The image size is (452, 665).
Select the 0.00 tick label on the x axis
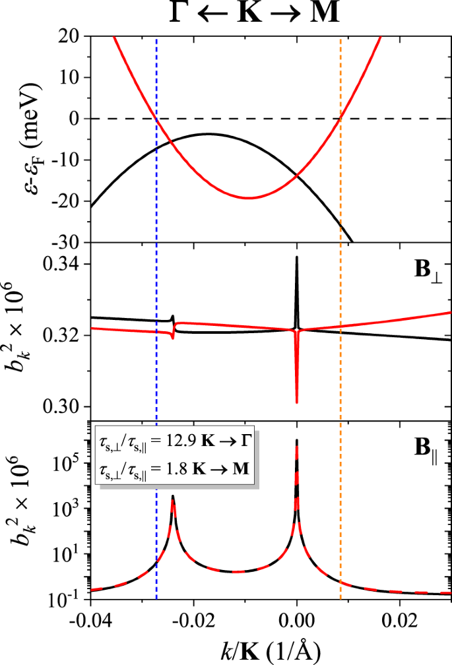click(x=297, y=621)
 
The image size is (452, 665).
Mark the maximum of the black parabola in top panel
click(x=209, y=134)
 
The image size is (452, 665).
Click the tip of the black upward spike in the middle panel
click(x=297, y=257)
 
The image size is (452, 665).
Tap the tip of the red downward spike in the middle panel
click(x=297, y=402)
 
